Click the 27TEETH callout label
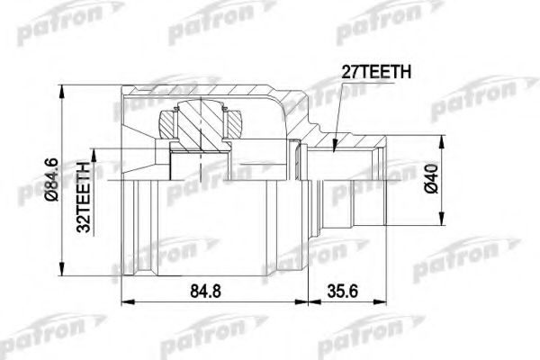(x=376, y=72)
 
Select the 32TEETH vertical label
(x=84, y=196)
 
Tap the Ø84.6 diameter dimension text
(x=52, y=180)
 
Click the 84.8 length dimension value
(x=205, y=291)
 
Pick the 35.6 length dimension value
(x=343, y=291)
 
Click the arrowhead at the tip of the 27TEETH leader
(x=334, y=146)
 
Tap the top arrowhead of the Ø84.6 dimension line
(x=62, y=91)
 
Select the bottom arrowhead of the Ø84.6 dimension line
(x=62, y=269)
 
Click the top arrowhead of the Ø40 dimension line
(x=441, y=142)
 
